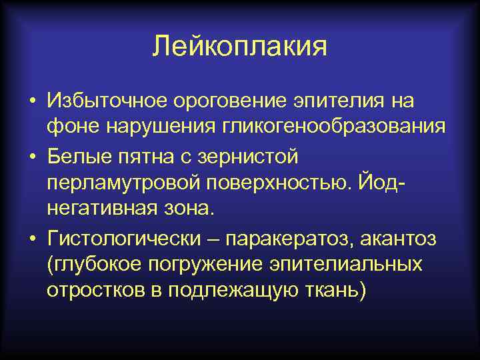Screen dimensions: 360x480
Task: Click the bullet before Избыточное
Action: [32, 103]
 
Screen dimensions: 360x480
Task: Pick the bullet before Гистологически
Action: [32, 238]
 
